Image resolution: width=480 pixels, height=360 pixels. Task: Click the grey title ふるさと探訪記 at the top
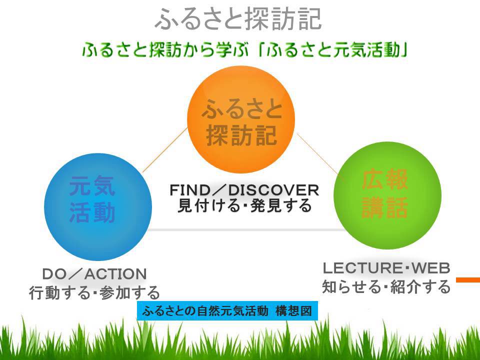pyautogui.click(x=238, y=19)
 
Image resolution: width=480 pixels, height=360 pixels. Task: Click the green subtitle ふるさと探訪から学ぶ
pyautogui.click(x=165, y=50)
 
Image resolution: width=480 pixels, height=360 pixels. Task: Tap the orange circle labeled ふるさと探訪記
pyautogui.click(x=241, y=119)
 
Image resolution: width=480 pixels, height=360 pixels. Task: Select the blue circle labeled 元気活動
pyautogui.click(x=98, y=207)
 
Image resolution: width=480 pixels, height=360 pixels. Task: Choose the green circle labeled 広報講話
pyautogui.click(x=387, y=195)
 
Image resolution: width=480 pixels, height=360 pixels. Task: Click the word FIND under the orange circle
pyautogui.click(x=190, y=190)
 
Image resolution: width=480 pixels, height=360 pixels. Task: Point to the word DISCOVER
pyautogui.click(x=273, y=190)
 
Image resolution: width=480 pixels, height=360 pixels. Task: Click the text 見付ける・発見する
pyautogui.click(x=244, y=205)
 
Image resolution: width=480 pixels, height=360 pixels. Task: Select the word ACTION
pyautogui.click(x=115, y=273)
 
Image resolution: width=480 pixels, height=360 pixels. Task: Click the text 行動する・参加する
pyautogui.click(x=94, y=292)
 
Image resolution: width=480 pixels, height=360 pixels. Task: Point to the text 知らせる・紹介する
pyautogui.click(x=386, y=286)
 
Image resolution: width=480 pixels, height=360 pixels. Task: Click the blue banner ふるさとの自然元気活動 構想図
pyautogui.click(x=227, y=310)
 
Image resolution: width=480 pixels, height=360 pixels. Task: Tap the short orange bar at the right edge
pyautogui.click(x=468, y=280)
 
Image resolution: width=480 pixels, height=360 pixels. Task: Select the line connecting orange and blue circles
pyautogui.click(x=165, y=150)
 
